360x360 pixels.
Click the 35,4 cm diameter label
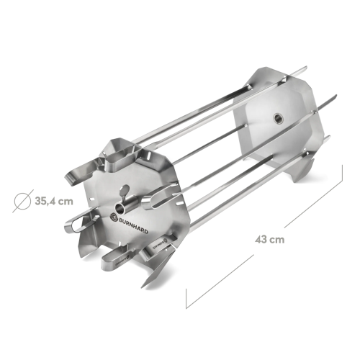click(54, 201)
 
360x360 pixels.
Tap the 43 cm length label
click(270, 240)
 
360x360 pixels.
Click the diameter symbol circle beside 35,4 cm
click(22, 201)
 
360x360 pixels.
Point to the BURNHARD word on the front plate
click(132, 224)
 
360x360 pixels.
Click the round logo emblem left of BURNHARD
click(113, 217)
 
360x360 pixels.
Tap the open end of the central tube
click(120, 209)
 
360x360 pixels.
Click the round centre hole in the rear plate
click(278, 117)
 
